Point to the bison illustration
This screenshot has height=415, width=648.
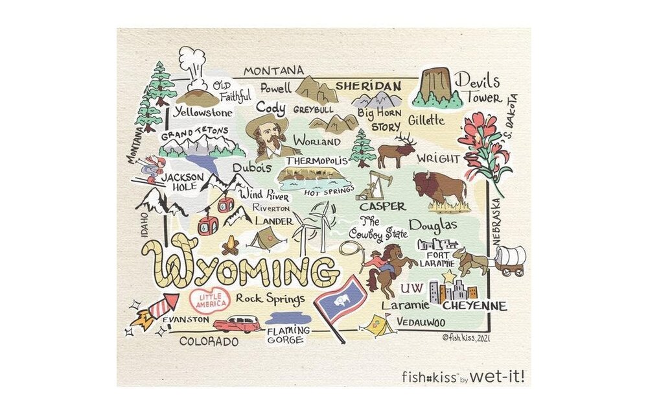click(x=439, y=188)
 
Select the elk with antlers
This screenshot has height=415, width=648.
click(x=396, y=153)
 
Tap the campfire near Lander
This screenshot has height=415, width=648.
click(x=230, y=246)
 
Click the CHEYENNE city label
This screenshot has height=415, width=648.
click(x=474, y=305)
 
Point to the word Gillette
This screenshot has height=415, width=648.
click(x=426, y=120)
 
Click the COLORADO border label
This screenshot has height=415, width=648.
click(x=209, y=340)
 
